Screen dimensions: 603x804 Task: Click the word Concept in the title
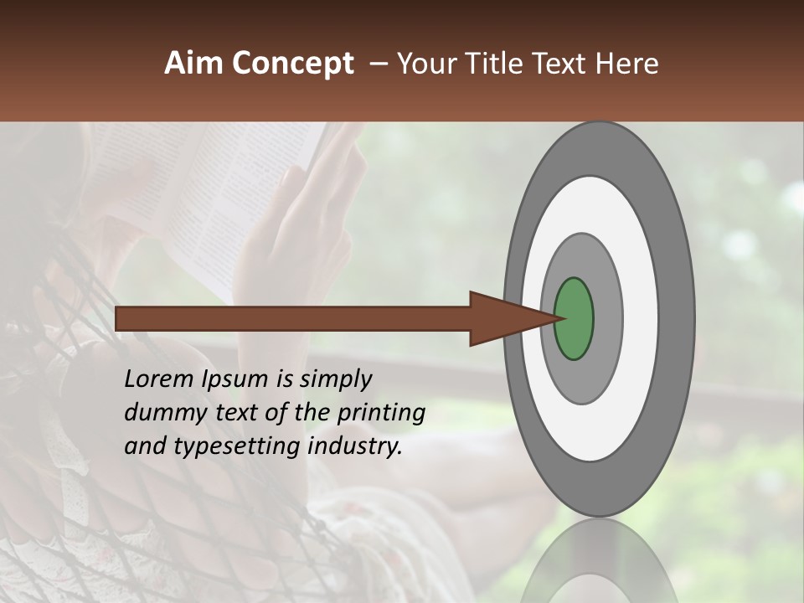(292, 64)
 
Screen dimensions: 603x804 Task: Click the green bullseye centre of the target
(574, 319)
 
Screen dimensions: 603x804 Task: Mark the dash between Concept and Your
(378, 64)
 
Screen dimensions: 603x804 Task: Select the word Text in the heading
(553, 64)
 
